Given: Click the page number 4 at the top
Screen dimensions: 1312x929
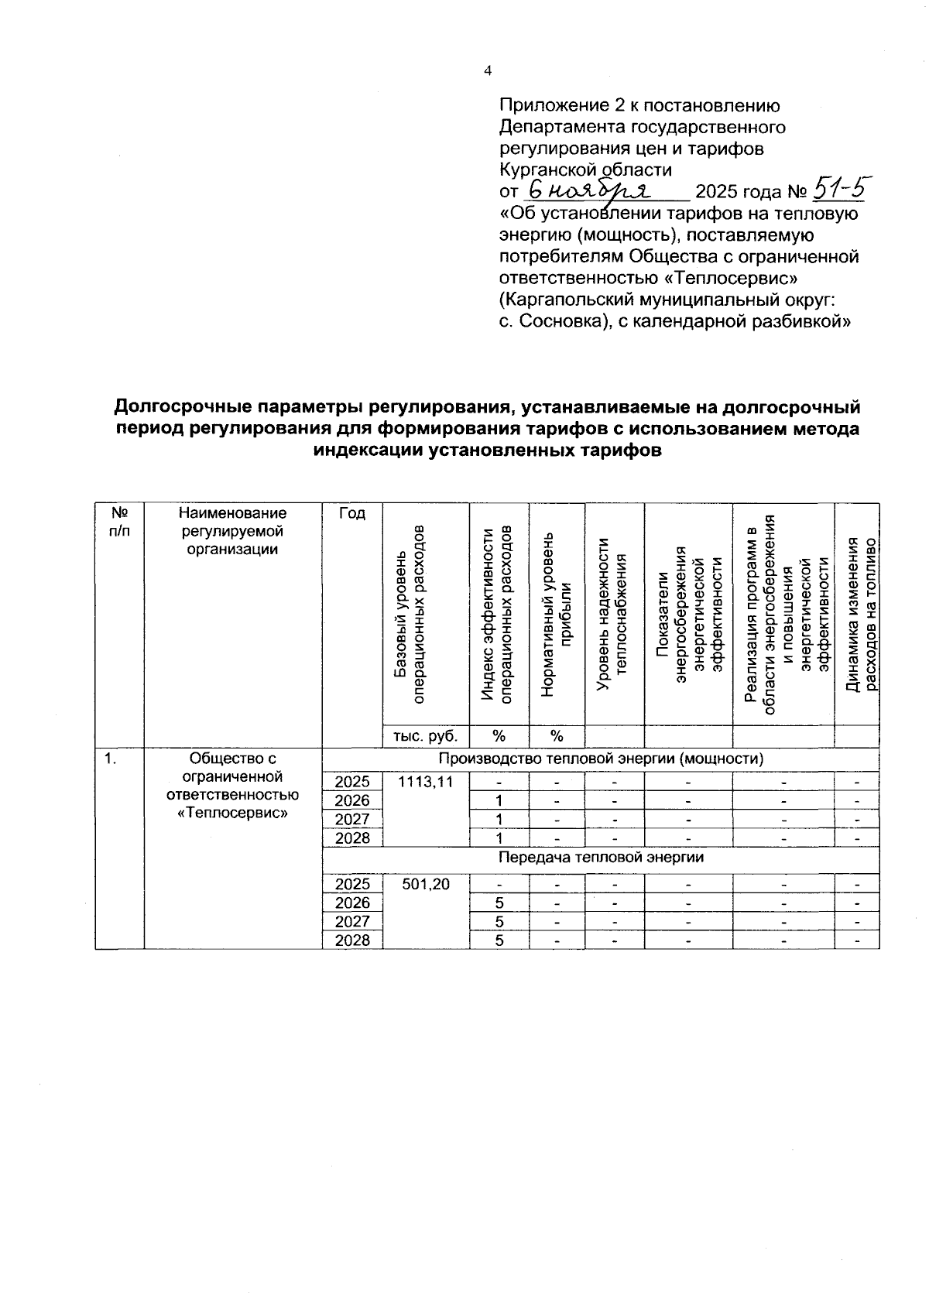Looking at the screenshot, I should (487, 71).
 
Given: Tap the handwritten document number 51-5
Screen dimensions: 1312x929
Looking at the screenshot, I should (839, 188).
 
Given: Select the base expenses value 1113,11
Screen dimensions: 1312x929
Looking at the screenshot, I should (426, 782).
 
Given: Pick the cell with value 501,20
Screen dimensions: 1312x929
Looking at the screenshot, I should (426, 884).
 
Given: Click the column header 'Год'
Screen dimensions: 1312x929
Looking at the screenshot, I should (352, 514).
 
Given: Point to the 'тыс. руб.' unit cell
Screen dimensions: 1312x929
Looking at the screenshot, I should (426, 736).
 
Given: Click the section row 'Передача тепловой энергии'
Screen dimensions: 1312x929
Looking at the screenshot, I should (600, 858).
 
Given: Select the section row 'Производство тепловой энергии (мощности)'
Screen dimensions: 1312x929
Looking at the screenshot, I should (600, 759).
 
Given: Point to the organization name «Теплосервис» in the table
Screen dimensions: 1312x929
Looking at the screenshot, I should (232, 813).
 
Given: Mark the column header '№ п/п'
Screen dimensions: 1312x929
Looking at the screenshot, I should (119, 522).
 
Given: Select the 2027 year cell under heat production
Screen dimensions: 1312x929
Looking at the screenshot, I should (352, 819).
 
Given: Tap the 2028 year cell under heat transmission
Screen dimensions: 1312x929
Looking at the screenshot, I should (352, 940).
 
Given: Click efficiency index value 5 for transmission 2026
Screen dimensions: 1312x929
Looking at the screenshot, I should (499, 903).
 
